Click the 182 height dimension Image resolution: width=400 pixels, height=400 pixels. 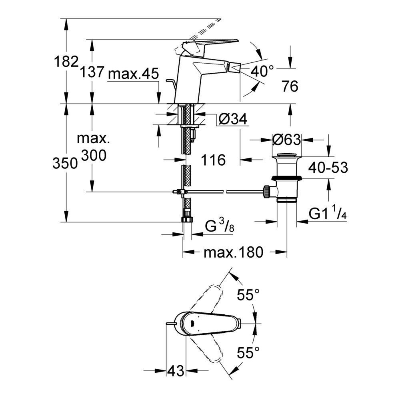coord(66,62)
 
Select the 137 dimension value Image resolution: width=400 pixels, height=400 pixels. coord(92,72)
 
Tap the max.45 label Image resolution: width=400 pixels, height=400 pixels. coord(134,74)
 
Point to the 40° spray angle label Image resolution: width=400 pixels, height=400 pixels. coord(262,71)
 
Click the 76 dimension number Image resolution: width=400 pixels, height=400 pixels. coord(290,86)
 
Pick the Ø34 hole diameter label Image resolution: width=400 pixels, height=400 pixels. coord(233,119)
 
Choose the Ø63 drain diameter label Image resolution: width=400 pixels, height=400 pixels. coord(287,140)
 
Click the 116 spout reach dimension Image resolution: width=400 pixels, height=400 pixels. coord(214,160)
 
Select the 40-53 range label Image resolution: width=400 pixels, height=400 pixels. coord(328,168)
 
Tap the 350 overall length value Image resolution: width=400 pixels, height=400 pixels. coord(65,163)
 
